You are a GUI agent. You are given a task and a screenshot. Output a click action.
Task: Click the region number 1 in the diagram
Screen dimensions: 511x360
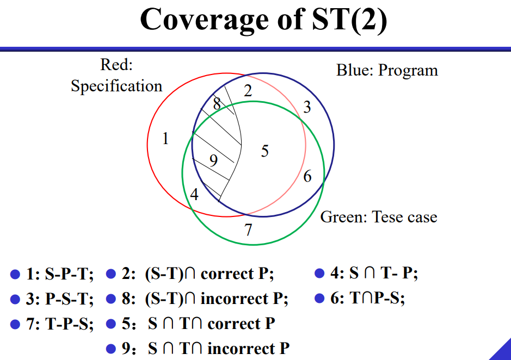pos(165,139)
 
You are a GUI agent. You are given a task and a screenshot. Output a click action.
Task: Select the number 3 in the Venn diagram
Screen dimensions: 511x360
pos(307,108)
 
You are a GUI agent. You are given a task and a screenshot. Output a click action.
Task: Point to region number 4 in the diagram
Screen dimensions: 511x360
pos(194,194)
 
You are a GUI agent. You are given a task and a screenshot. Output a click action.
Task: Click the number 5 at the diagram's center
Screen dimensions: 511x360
pos(265,151)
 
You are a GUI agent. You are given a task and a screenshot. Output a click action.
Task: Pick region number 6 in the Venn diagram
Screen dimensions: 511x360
pos(307,177)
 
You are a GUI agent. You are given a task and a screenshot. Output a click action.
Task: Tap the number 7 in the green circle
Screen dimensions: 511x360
pos(249,230)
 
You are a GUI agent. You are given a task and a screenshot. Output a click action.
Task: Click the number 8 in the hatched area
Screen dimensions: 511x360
pos(217,104)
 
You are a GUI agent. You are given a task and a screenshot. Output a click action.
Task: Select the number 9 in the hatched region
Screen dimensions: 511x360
pos(213,160)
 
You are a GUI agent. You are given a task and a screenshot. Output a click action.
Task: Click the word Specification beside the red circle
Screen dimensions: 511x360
pos(116,86)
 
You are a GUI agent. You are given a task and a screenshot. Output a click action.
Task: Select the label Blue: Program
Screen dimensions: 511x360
pos(387,70)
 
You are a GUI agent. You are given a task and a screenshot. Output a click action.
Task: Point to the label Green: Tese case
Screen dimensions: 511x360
pos(379,217)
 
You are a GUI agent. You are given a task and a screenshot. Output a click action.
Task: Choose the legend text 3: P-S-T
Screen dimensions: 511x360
pos(60,299)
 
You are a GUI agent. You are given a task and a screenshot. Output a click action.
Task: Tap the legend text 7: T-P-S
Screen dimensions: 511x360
pos(60,324)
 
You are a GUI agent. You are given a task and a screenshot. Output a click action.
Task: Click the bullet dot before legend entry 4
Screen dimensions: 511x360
pos(320,274)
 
